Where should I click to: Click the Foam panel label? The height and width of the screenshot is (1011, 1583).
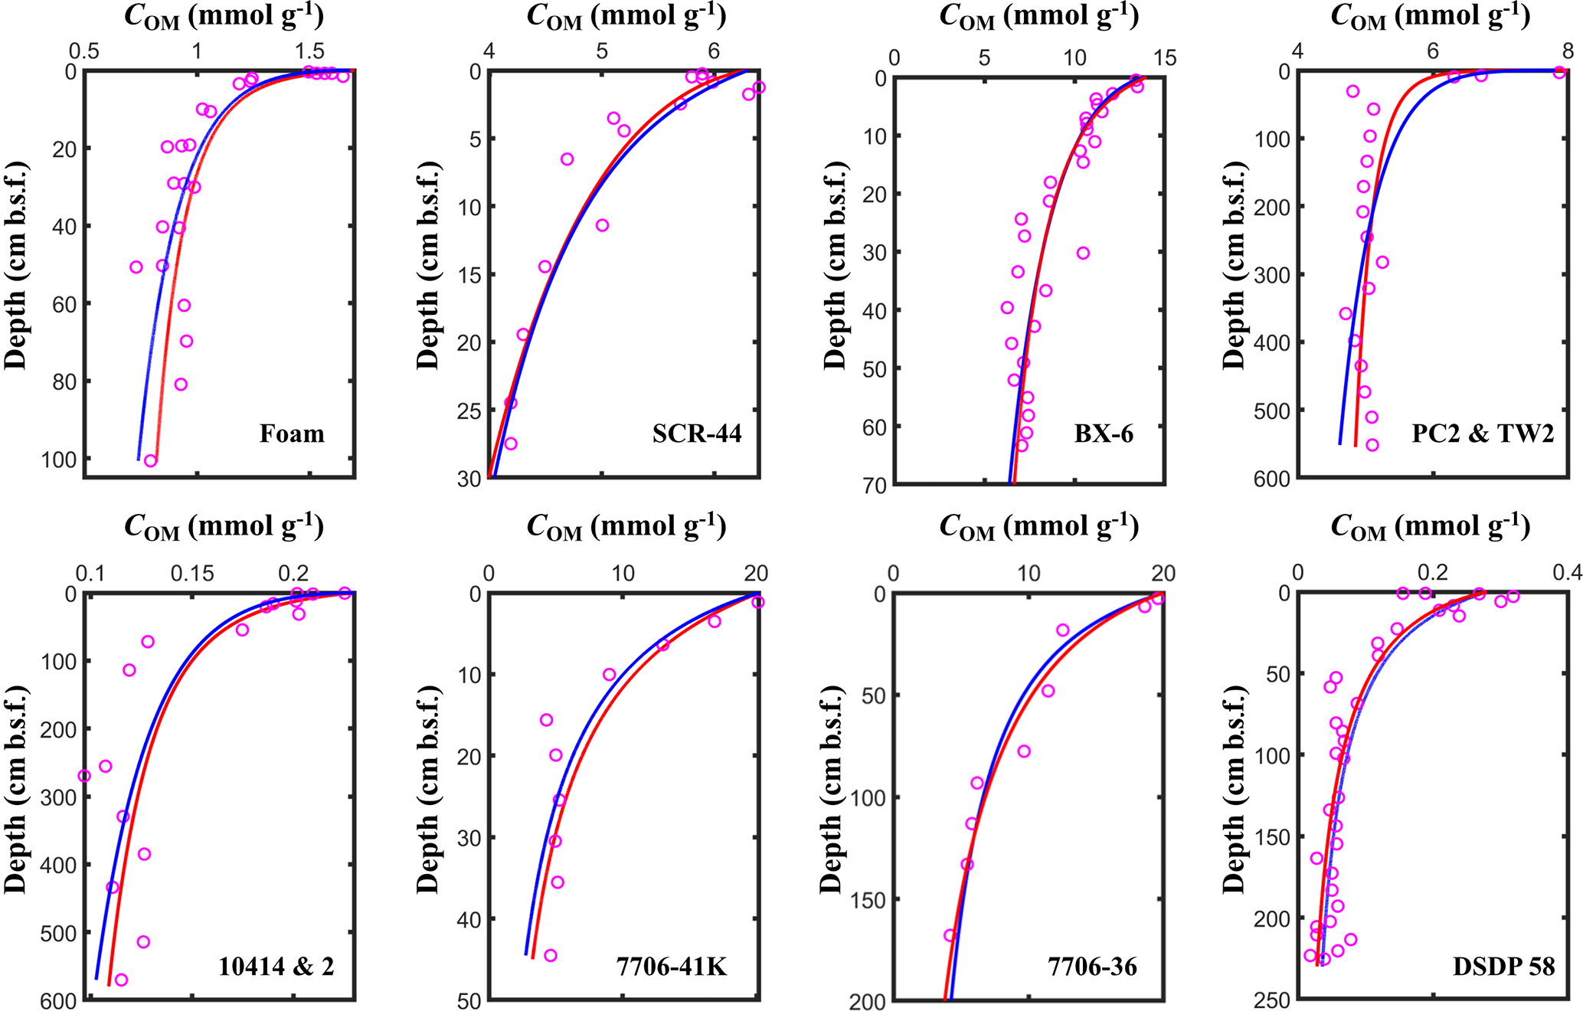pos(292,434)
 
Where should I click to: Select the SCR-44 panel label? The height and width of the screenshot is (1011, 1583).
pos(697,434)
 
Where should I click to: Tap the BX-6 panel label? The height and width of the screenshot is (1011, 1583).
pos(1104,434)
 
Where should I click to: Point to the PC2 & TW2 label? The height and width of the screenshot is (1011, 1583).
pos(1483,434)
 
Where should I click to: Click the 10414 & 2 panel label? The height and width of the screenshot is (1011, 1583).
pos(276,967)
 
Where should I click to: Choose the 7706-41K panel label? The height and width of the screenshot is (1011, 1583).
pos(672,967)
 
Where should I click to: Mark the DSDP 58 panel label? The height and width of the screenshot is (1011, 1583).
pos(1504,967)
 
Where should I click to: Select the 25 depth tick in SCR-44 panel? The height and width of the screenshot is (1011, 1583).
pos(466,411)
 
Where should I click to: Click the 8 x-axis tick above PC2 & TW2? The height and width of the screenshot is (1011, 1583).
pos(1568,51)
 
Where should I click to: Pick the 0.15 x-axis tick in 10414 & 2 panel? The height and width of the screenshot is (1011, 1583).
pos(192,574)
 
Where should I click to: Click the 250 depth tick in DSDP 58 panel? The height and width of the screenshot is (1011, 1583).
pos(1271,1000)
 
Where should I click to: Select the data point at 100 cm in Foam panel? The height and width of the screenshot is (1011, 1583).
pos(151,460)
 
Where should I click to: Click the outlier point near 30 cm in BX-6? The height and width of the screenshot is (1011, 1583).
pos(1083,253)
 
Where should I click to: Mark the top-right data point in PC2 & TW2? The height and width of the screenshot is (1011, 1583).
pos(1559,73)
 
